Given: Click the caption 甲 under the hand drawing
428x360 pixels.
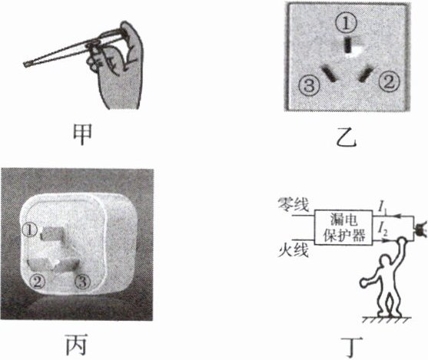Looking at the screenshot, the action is [x=82, y=135].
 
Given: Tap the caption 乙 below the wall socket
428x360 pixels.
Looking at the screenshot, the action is [x=347, y=137].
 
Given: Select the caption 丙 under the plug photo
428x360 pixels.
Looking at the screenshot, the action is [x=76, y=344].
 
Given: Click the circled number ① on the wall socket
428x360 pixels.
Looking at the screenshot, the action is [x=347, y=23].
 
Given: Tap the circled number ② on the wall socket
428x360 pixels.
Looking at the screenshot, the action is [x=389, y=82].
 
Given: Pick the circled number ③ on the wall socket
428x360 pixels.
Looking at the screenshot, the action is [x=309, y=85].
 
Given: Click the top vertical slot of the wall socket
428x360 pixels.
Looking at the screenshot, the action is [x=347, y=45].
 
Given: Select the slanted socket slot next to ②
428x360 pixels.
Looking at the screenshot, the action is [x=366, y=74].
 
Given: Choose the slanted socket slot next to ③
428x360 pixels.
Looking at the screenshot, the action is [x=329, y=73].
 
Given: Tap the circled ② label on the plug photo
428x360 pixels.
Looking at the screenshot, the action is [x=37, y=282].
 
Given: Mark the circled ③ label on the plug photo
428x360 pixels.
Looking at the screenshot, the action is [x=83, y=281].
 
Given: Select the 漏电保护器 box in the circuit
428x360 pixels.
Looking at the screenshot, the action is [x=343, y=227].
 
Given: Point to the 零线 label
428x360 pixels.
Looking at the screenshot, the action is [x=294, y=204].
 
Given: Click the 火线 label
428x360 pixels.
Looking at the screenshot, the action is [x=294, y=249].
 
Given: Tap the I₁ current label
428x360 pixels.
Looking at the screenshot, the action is [x=383, y=208].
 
